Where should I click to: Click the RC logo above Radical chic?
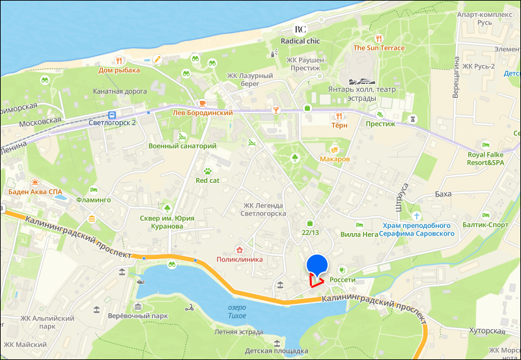click(300, 29)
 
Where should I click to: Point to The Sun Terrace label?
click(379, 48)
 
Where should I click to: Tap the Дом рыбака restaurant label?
click(119, 70)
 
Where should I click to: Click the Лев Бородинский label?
click(203, 113)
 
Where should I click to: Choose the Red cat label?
click(208, 180)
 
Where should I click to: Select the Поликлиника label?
click(240, 259)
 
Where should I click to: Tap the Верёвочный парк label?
click(137, 316)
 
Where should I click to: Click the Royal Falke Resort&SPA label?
click(486, 158)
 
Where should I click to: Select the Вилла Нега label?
click(359, 234)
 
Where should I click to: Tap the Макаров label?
click(336, 159)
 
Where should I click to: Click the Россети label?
click(343, 280)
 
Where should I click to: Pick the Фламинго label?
click(94, 200)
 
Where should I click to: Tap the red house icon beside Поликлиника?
click(240, 250)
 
